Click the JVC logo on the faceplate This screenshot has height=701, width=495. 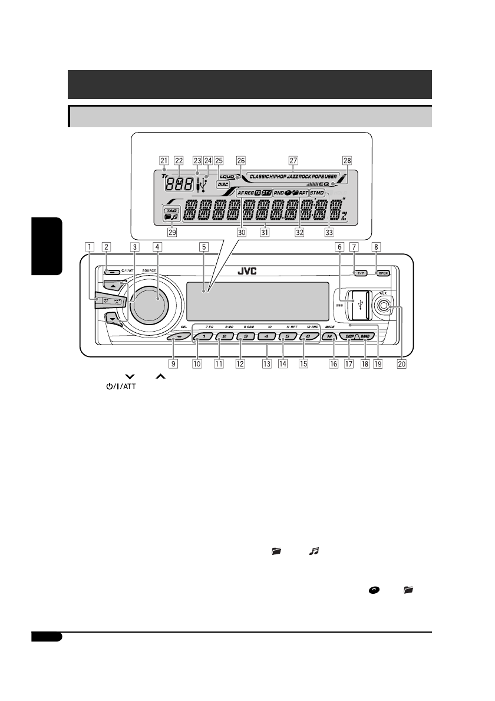click(247, 273)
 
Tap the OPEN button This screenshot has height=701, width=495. click(384, 273)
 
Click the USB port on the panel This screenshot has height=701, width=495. click(359, 305)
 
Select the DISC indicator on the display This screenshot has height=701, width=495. click(223, 184)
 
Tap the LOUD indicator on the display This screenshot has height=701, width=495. click(227, 176)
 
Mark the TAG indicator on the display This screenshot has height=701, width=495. click(171, 209)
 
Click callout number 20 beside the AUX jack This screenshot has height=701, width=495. click(402, 364)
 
